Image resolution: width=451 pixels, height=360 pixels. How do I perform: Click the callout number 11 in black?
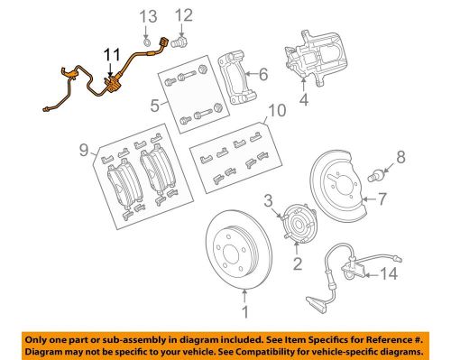[x=112, y=55]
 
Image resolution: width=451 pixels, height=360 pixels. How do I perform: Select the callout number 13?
[x=149, y=16]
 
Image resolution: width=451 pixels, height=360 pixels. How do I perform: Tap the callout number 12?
[x=183, y=15]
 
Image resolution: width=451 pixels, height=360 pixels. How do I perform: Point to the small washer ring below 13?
[x=146, y=42]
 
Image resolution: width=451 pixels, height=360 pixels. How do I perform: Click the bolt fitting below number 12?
[x=179, y=42]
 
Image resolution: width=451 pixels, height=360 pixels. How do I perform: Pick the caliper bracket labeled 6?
[x=235, y=78]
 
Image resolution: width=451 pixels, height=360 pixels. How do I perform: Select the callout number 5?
[x=155, y=106]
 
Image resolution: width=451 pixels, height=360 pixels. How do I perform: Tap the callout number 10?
[x=277, y=110]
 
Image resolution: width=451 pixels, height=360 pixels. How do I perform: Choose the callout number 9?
[x=84, y=150]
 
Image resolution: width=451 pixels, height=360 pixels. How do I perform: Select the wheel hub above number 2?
[x=299, y=223]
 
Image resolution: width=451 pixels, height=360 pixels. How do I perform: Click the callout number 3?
[x=269, y=200]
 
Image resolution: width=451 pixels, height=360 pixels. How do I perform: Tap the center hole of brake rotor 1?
[x=231, y=253]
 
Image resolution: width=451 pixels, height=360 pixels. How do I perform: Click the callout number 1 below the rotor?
[x=245, y=312]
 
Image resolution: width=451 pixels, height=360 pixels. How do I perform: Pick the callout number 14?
[x=389, y=274]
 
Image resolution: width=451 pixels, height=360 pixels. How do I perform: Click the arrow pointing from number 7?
[x=370, y=199]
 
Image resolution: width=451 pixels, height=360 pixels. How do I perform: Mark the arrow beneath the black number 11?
[x=110, y=69]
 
